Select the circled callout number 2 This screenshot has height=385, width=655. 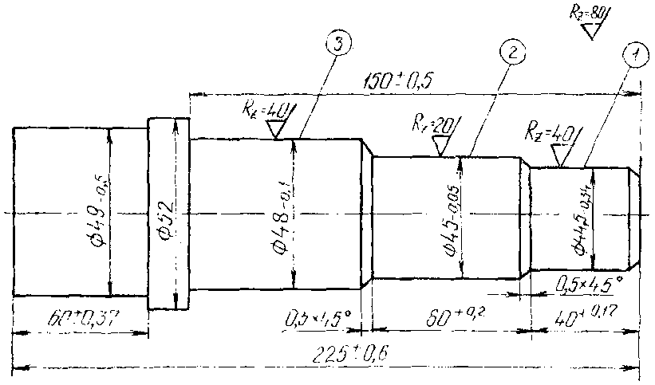click(x=511, y=53)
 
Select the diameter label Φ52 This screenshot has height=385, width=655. click(x=164, y=214)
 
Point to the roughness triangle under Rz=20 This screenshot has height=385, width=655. click(x=440, y=145)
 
